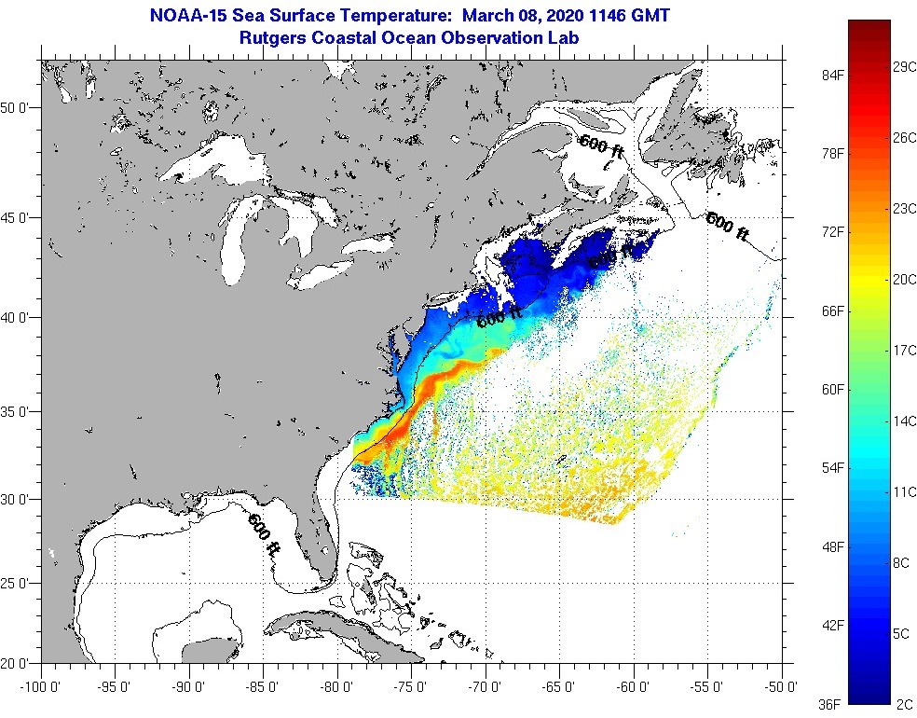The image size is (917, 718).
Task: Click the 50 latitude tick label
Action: tap(20, 108)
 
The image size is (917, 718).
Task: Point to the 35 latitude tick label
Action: tap(20, 411)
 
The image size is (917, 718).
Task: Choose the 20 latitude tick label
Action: tap(20, 664)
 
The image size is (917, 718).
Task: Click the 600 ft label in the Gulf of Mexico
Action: tap(264, 534)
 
